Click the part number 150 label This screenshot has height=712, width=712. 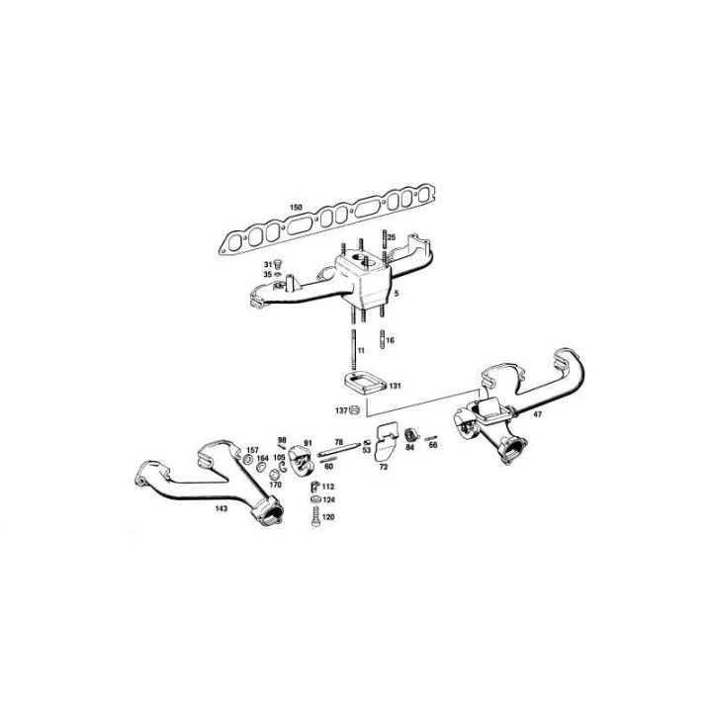click(x=296, y=208)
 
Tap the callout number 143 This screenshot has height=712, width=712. click(x=222, y=508)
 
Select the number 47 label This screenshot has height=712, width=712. click(x=538, y=414)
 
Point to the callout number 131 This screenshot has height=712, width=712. click(x=395, y=386)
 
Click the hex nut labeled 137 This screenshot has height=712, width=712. click(x=355, y=410)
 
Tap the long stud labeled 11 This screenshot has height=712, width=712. click(x=353, y=350)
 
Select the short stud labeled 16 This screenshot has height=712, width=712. click(x=382, y=339)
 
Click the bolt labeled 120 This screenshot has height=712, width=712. click(x=315, y=517)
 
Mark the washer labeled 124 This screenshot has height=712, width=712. click(x=315, y=499)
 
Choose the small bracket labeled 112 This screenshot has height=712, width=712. click(x=314, y=487)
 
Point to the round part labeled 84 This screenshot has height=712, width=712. click(x=410, y=434)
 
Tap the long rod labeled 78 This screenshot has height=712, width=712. click(x=339, y=450)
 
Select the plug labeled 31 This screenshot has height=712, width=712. click(x=278, y=264)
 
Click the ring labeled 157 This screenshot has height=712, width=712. click(x=248, y=460)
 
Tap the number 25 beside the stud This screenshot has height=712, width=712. click(x=392, y=237)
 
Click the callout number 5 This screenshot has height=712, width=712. click(x=397, y=294)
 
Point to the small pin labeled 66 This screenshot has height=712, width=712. click(x=431, y=438)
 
